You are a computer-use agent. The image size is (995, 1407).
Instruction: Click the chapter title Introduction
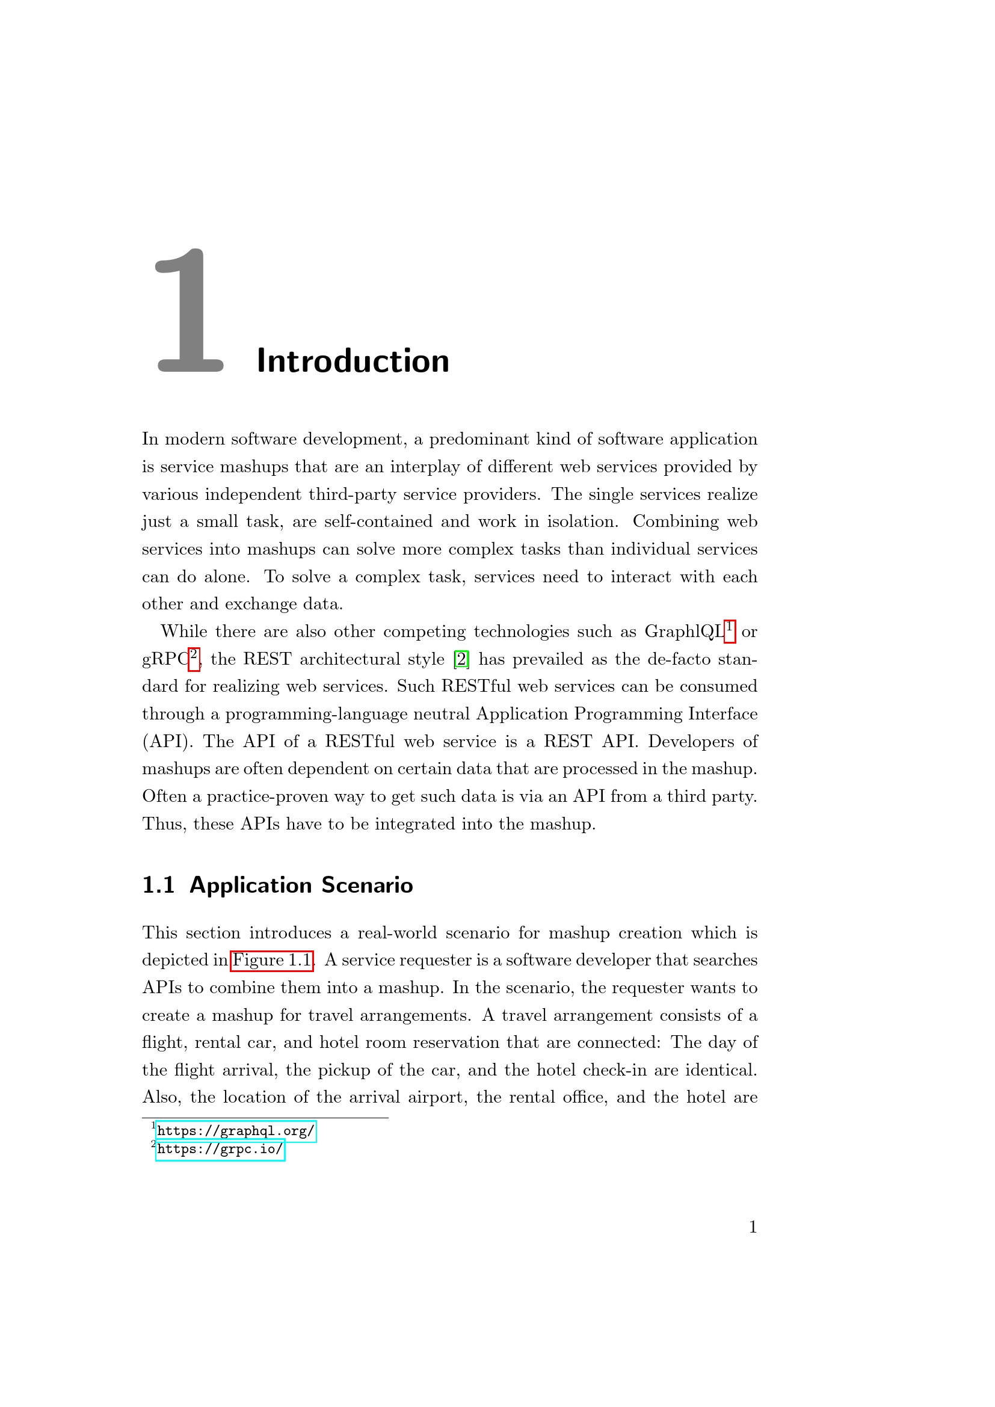[x=353, y=361]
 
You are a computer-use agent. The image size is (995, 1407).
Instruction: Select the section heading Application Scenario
[x=301, y=885]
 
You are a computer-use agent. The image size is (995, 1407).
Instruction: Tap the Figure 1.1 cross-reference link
[x=272, y=960]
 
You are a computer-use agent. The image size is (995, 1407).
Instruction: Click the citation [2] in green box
[x=461, y=659]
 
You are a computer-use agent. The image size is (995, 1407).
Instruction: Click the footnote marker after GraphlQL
[x=729, y=630]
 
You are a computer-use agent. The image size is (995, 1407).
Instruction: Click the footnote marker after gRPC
[x=194, y=658]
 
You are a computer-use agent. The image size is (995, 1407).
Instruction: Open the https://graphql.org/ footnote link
[x=236, y=1131]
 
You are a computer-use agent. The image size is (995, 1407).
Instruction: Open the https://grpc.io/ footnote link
[x=220, y=1150]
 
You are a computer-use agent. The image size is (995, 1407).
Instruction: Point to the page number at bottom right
[x=753, y=1227]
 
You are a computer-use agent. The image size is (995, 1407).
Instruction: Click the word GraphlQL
[x=684, y=632]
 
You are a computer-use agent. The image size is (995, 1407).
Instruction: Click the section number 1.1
[x=158, y=885]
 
